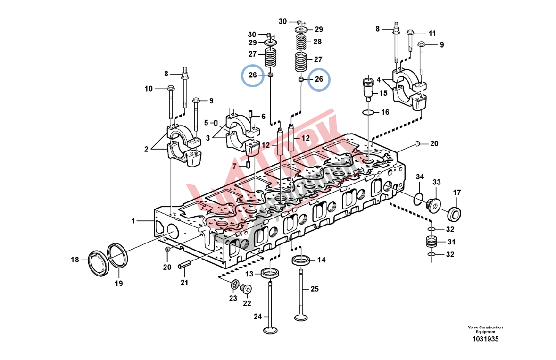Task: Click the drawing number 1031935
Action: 485,339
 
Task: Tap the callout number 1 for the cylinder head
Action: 133,220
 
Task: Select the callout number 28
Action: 317,42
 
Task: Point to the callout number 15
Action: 383,94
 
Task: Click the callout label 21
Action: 184,283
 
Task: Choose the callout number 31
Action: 452,243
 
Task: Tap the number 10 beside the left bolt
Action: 149,88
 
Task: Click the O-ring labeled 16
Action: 368,112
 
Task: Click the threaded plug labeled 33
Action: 433,205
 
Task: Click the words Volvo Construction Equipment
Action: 485,329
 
